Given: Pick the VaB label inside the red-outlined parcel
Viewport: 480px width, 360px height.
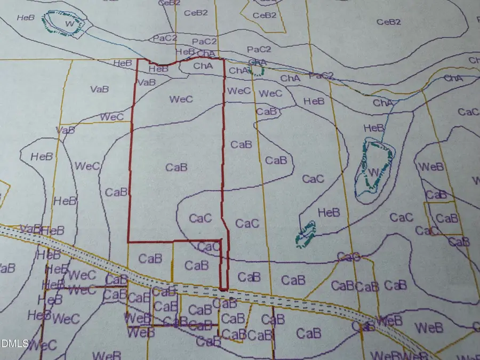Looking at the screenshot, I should coord(146,82).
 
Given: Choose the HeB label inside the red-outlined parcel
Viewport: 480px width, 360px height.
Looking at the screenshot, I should coord(158,69).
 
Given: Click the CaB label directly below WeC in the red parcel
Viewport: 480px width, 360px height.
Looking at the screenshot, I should coord(176,167).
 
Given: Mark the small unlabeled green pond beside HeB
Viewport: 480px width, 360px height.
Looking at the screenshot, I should coord(306,234).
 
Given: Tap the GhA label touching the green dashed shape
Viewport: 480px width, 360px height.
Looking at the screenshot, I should coord(258,62).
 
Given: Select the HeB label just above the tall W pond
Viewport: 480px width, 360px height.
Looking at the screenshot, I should coord(373,128).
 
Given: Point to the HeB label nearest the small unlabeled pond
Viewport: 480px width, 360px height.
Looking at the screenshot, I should coord(329,212).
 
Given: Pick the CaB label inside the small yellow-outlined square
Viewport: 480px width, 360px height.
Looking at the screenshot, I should coord(447,218).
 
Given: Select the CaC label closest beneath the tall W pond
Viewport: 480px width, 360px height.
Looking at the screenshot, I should coord(401,217).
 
